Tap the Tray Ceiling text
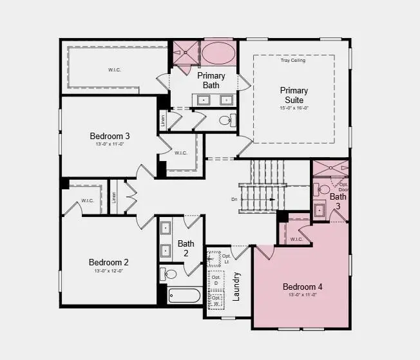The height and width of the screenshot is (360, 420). pos(293,61)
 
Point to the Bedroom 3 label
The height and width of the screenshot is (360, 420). pos(110,136)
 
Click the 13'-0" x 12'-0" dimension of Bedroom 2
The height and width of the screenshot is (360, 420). pos(109,271)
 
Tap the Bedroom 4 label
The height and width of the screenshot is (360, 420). pos(303,287)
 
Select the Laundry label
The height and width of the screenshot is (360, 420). pos(236,287)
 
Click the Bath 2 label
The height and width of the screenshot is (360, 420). pos(186,248)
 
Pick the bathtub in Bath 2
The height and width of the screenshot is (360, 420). pos(184,296)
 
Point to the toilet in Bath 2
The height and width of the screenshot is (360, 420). pos(169,274)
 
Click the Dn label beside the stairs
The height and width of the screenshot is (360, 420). pos(234,200)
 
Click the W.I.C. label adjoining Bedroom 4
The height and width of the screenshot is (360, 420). pos(296,240)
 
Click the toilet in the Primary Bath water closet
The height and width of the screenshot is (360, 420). pos(225,120)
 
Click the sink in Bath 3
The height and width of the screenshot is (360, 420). pos(320,210)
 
